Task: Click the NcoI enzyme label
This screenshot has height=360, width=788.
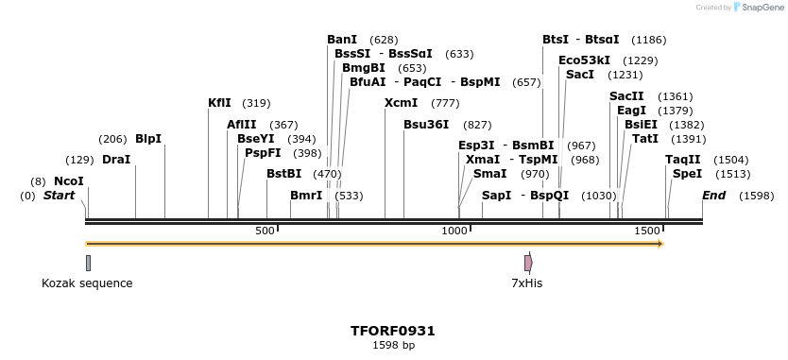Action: point(69,180)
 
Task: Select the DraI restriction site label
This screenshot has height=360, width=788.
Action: point(115,160)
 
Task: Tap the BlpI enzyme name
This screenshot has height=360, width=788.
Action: point(148,139)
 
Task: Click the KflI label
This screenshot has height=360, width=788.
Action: point(219,103)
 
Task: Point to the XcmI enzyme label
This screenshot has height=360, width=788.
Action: point(401,103)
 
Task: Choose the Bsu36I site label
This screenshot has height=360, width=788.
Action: point(426,124)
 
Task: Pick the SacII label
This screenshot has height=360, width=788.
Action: point(626,96)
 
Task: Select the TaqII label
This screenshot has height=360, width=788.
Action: point(683,160)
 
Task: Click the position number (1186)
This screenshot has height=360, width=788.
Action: point(649,40)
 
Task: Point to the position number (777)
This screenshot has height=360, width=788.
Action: point(445,103)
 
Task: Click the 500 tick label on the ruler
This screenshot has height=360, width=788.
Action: point(265,231)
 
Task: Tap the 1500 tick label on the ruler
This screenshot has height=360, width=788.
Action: point(646,231)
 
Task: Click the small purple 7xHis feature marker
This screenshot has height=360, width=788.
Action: point(528,263)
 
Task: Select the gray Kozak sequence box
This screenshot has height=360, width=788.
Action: point(88,263)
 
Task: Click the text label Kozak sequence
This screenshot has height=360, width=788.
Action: point(87,283)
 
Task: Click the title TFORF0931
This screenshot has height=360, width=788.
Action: point(393,331)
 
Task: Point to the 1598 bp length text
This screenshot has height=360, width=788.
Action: point(393,345)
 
